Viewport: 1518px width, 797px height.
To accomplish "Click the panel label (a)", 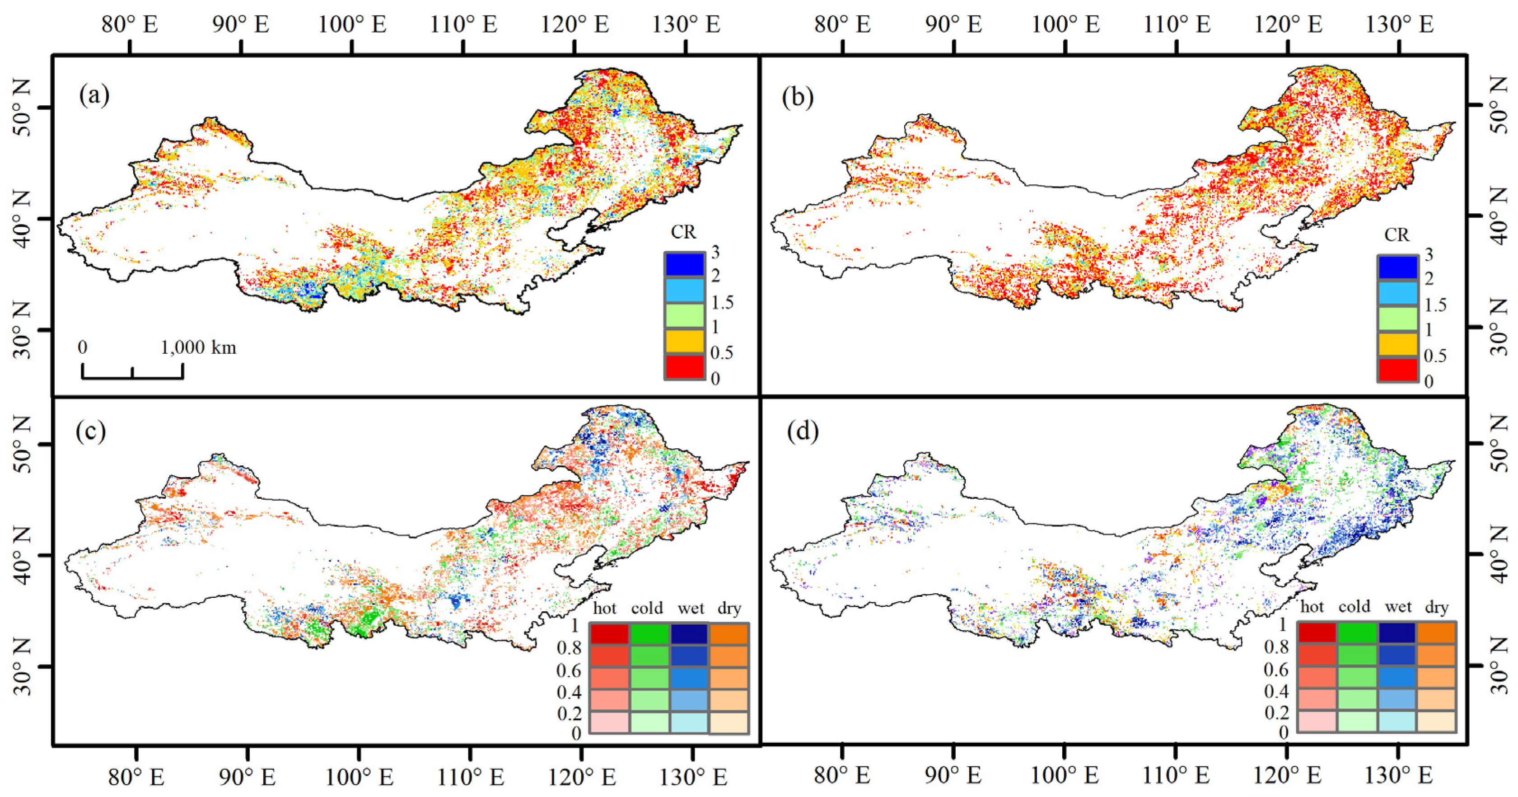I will (x=94, y=95).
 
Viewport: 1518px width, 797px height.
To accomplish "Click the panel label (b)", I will (x=798, y=96).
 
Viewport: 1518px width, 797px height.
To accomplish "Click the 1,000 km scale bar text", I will (x=199, y=347).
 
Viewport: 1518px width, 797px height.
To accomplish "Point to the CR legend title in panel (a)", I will (x=683, y=232).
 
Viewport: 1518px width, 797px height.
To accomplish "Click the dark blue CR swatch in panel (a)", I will (x=684, y=264).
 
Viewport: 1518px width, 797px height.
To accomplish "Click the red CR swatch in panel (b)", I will (x=1398, y=370).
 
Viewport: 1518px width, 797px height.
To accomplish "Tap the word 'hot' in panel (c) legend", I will (x=605, y=608).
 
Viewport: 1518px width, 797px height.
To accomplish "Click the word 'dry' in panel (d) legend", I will (x=1436, y=607).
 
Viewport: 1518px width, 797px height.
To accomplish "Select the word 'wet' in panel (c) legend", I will (x=690, y=608).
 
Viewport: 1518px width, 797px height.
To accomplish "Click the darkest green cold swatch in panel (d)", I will (x=1357, y=632).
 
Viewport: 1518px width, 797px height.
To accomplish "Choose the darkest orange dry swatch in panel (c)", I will (x=729, y=634).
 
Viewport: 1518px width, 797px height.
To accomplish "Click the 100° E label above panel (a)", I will (x=352, y=25).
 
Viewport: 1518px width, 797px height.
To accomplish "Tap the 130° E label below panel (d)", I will (x=1399, y=775).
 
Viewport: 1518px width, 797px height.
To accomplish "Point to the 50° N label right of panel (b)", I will (x=1500, y=105).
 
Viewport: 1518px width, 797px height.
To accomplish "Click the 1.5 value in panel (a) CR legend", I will (x=722, y=302).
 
